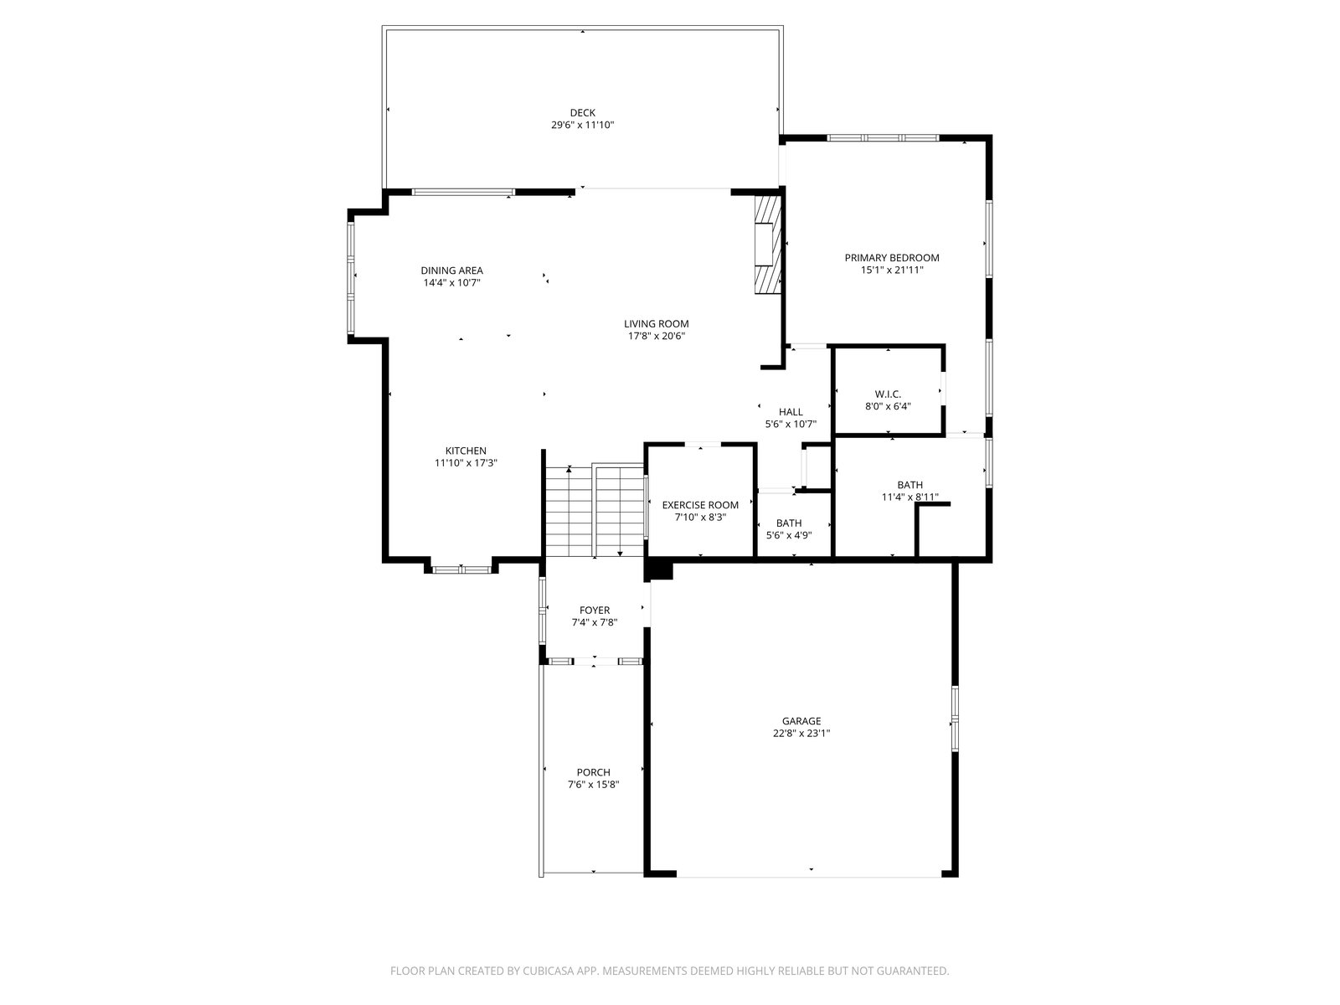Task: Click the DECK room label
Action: (x=582, y=113)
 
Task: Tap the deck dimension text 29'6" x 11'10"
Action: (x=582, y=125)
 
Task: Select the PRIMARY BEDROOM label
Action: (x=892, y=258)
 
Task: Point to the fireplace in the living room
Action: (x=768, y=244)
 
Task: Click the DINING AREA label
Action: (x=451, y=271)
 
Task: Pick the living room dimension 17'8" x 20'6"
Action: (x=657, y=336)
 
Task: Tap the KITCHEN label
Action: (x=466, y=451)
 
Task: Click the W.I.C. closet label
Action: (x=888, y=394)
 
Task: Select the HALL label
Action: (x=791, y=412)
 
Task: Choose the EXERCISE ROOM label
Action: (x=700, y=505)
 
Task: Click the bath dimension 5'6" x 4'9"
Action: (x=789, y=536)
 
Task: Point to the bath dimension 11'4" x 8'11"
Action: (x=910, y=497)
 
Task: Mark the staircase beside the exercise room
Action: (x=594, y=512)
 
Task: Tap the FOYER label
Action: (x=595, y=611)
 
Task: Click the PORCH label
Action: (x=594, y=772)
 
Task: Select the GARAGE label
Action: (x=801, y=721)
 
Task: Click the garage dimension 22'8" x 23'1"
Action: (x=801, y=734)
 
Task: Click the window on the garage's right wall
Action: (x=955, y=719)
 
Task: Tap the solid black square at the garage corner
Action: (x=659, y=570)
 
